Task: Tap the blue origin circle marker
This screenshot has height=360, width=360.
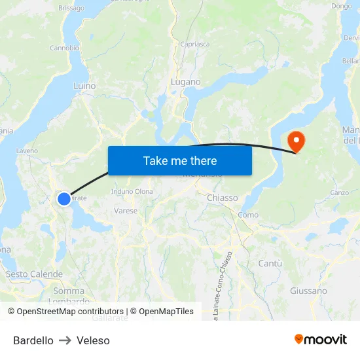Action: tap(64, 198)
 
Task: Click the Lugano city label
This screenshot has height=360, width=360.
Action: tap(185, 82)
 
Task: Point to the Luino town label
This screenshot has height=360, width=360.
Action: tap(84, 86)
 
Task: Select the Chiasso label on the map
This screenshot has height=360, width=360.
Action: tap(222, 198)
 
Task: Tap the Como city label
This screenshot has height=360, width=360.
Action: tap(248, 215)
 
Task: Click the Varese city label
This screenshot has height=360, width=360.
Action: tap(126, 211)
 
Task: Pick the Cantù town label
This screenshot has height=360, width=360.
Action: tap(270, 263)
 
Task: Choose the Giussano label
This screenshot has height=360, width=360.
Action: tap(308, 291)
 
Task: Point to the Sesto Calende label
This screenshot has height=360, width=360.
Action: tap(34, 274)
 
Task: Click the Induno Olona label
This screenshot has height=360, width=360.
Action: tap(132, 192)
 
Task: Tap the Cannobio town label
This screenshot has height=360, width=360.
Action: tap(64, 48)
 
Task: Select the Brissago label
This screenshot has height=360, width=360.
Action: tap(71, 8)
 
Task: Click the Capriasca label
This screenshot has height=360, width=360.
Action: tap(195, 45)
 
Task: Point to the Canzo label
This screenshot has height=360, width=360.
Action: tap(339, 192)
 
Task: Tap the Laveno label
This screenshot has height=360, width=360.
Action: tap(27, 151)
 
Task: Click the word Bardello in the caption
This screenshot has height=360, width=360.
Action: tap(33, 340)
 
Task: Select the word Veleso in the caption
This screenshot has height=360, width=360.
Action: tap(93, 340)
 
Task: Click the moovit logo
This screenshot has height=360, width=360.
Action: tap(320, 339)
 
